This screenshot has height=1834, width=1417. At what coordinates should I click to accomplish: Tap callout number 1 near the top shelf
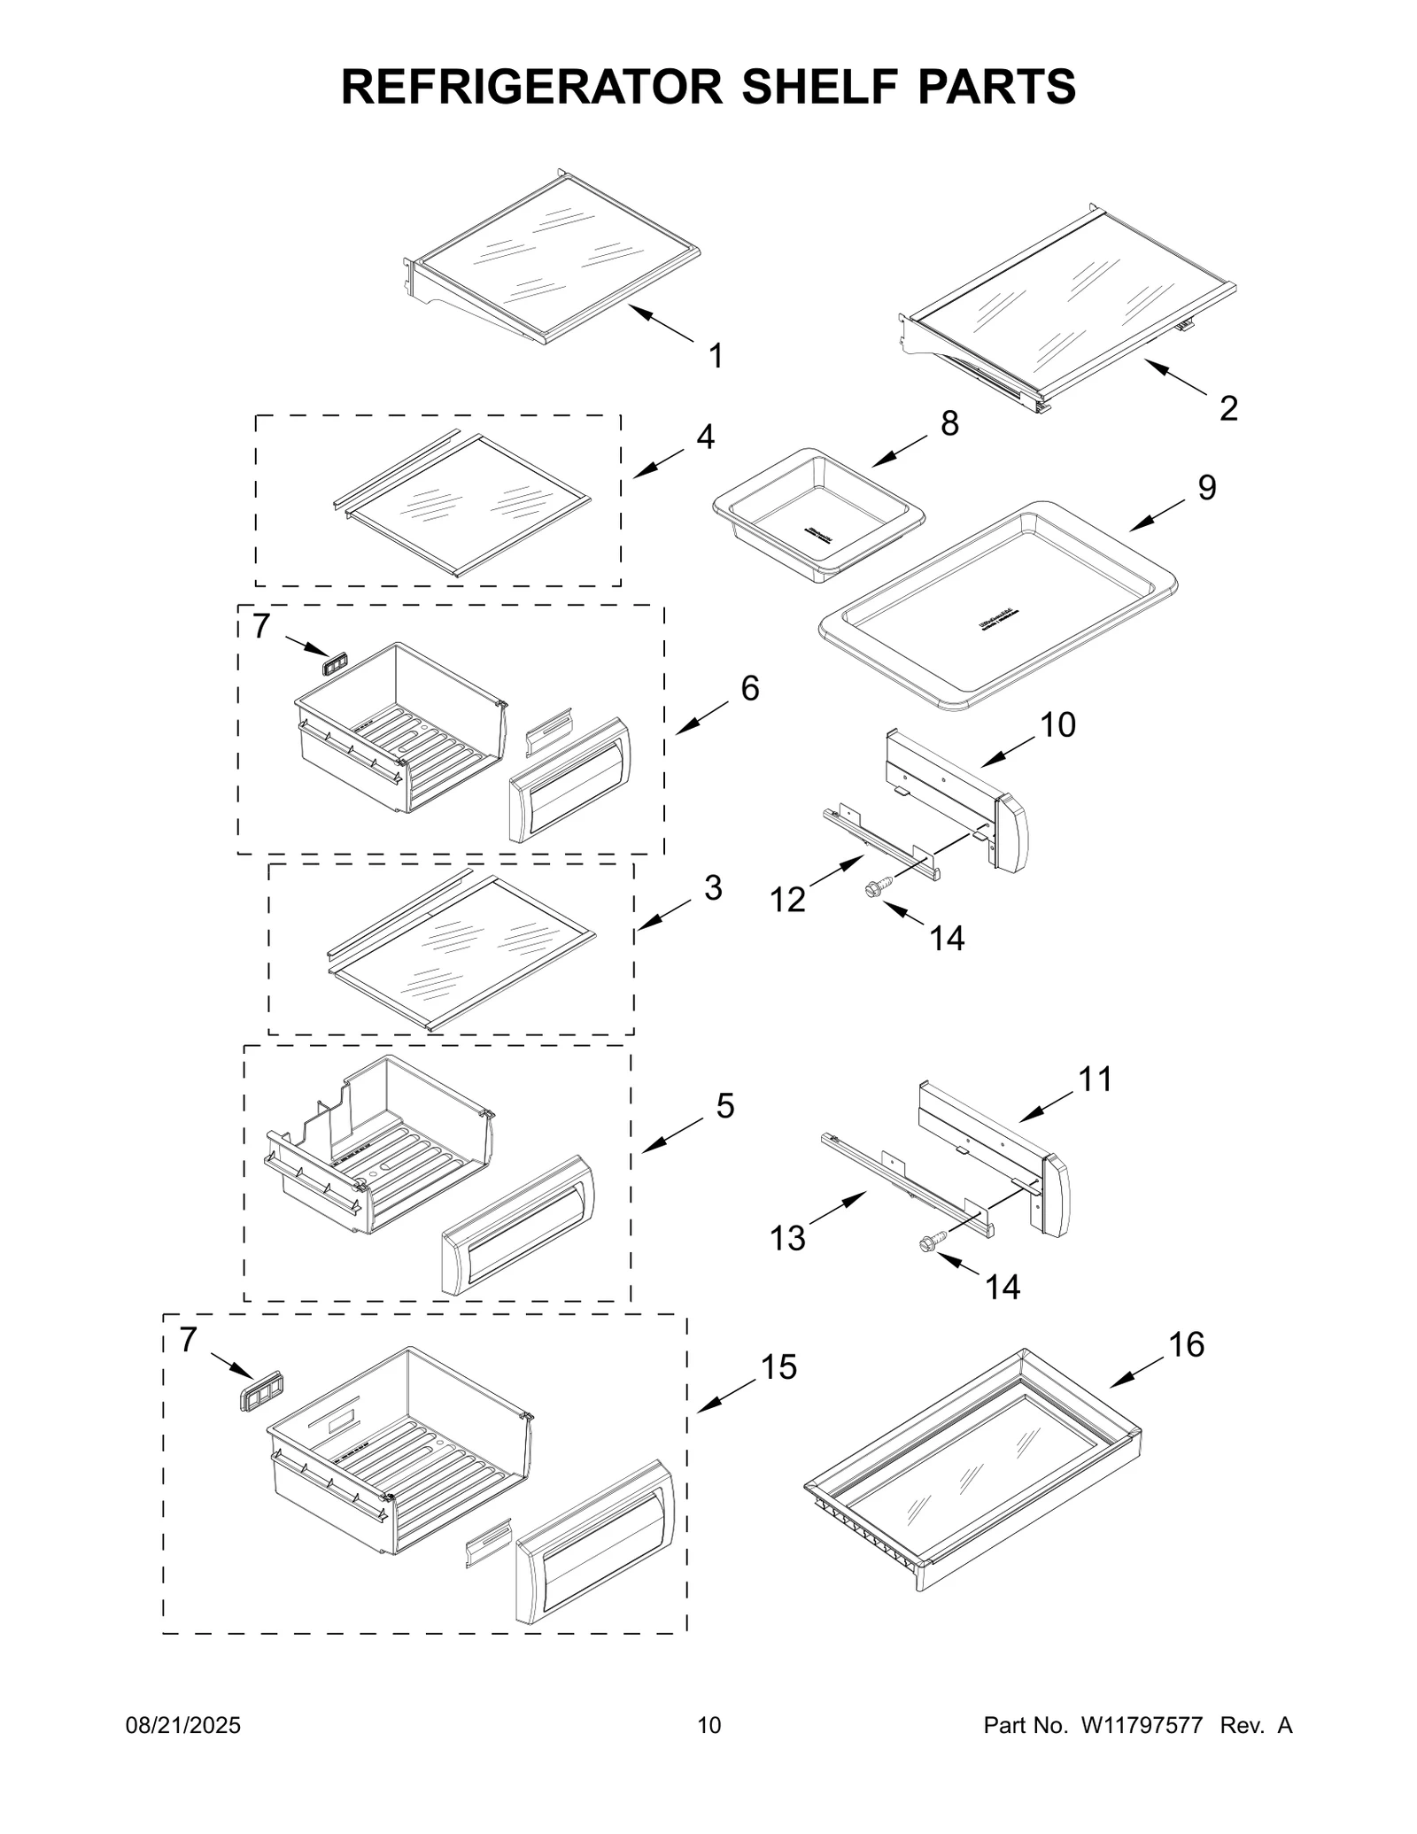[716, 356]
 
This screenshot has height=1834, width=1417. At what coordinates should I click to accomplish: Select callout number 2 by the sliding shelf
[1227, 408]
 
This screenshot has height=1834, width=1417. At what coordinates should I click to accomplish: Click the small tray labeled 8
[818, 512]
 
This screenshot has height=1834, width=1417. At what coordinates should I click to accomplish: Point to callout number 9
[1207, 488]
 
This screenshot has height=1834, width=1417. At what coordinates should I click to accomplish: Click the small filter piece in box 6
[335, 663]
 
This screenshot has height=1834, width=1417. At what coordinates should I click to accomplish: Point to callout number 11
[1095, 1079]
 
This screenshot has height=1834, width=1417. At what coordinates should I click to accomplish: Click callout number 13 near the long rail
[787, 1237]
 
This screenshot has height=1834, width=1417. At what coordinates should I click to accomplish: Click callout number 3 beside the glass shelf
[713, 887]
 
